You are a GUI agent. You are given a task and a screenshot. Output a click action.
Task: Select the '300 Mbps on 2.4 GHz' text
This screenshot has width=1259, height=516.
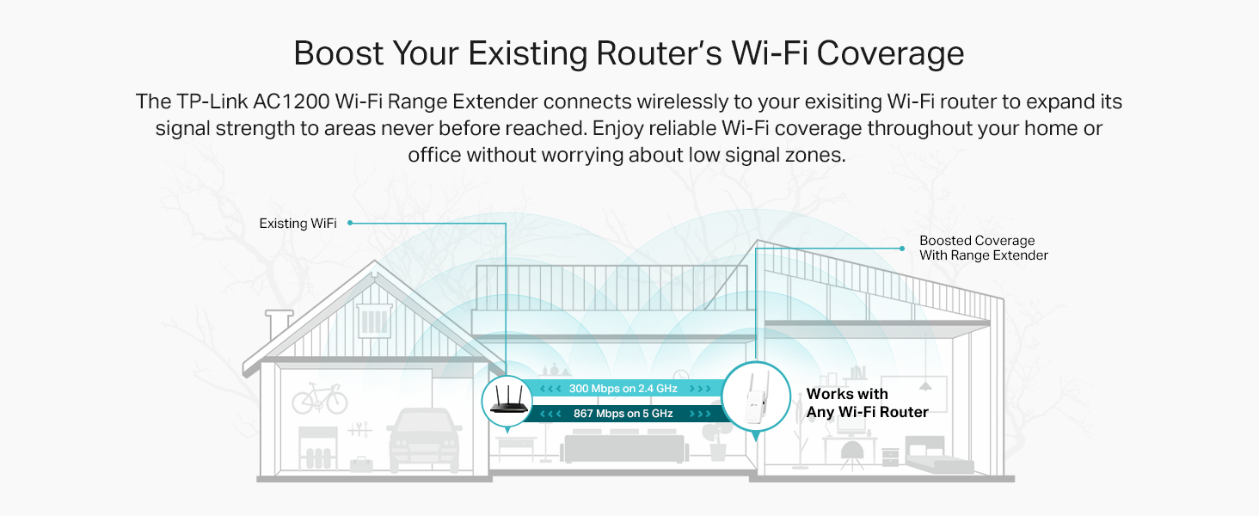pyautogui.click(x=623, y=389)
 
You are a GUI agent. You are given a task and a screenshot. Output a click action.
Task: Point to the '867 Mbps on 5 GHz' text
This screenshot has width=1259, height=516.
pyautogui.click(x=623, y=414)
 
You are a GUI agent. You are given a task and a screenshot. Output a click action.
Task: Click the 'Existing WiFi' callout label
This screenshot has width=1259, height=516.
pyautogui.click(x=298, y=224)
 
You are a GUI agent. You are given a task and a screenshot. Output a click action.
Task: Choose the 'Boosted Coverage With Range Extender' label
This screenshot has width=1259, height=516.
pyautogui.click(x=983, y=248)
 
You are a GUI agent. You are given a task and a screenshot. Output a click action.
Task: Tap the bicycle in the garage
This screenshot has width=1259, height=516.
pyautogui.click(x=319, y=399)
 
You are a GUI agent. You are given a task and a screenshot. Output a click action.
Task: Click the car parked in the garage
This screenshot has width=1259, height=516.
pyautogui.click(x=425, y=439)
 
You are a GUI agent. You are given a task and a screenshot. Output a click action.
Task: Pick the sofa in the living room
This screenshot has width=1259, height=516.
pyautogui.click(x=623, y=447)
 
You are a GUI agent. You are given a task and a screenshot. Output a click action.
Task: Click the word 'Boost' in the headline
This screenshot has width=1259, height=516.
pyautogui.click(x=338, y=53)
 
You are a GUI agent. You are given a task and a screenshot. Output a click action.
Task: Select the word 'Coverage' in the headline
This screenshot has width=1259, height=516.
pyautogui.click(x=890, y=53)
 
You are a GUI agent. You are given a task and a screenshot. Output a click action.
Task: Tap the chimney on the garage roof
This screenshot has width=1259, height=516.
pyautogui.click(x=279, y=325)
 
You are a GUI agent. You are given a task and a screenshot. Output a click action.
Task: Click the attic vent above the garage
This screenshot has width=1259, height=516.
pyautogui.click(x=375, y=322)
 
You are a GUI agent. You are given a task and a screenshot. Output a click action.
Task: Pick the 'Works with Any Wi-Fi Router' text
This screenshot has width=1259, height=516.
pyautogui.click(x=867, y=403)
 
